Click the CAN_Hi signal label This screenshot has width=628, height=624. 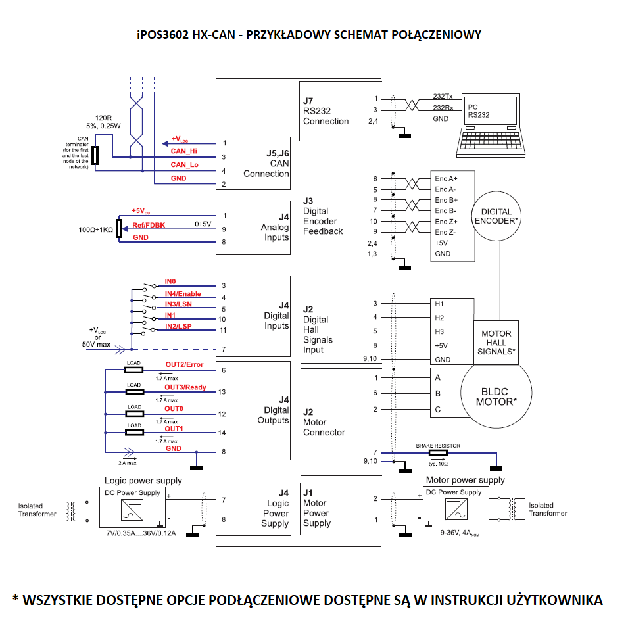click(184, 151)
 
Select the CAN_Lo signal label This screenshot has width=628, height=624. click(184, 165)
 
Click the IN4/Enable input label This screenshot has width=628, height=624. click(183, 293)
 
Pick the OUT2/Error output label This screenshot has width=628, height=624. click(184, 364)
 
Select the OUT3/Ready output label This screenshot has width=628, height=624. click(185, 387)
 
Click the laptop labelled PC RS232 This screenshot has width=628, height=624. click(492, 125)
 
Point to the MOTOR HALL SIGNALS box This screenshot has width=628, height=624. click(496, 343)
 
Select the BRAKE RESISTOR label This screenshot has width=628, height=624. click(438, 446)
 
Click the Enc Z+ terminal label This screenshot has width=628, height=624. click(446, 222)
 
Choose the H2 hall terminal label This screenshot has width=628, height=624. click(439, 318)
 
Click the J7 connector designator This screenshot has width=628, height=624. click(308, 101)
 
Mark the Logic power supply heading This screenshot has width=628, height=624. click(143, 480)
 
